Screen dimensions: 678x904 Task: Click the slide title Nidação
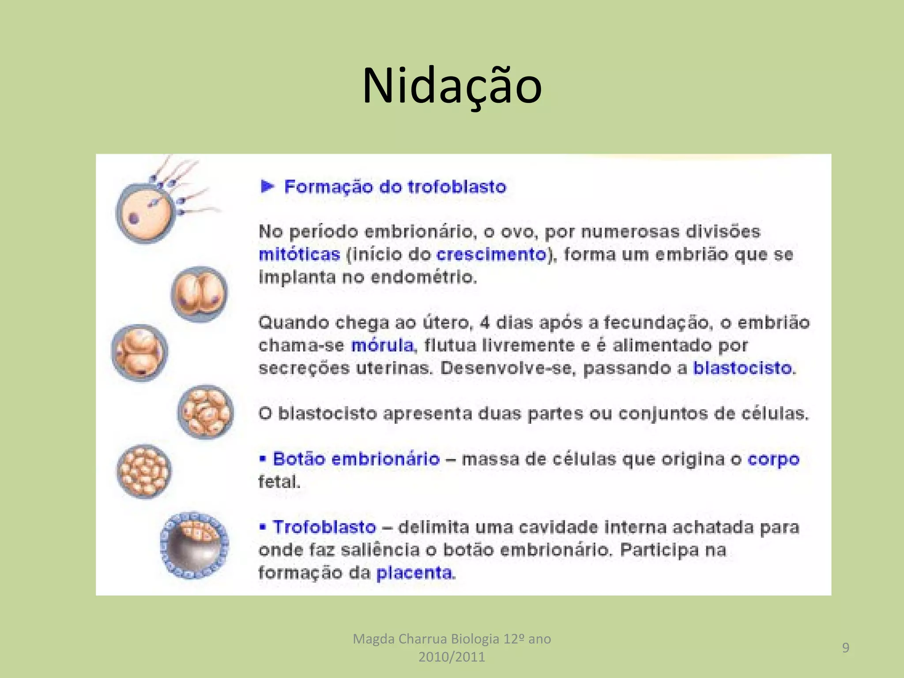pos(452,86)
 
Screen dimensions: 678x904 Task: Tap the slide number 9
pos(846,648)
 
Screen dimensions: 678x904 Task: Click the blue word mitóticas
pos(299,255)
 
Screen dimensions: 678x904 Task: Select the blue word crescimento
pos(491,255)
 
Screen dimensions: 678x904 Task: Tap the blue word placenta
pos(414,573)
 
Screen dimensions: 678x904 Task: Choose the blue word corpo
pos(773,460)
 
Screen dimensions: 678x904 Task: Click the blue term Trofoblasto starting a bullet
pos(324,527)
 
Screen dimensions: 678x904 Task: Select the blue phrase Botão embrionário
pos(356,459)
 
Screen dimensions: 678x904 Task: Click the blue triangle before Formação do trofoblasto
pos(267,186)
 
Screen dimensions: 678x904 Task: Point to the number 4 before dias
pos(485,323)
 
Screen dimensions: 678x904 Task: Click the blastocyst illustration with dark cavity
pos(194,546)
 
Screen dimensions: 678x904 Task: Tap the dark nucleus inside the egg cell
pos(134,218)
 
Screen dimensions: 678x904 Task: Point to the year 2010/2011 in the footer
pos(452,657)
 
